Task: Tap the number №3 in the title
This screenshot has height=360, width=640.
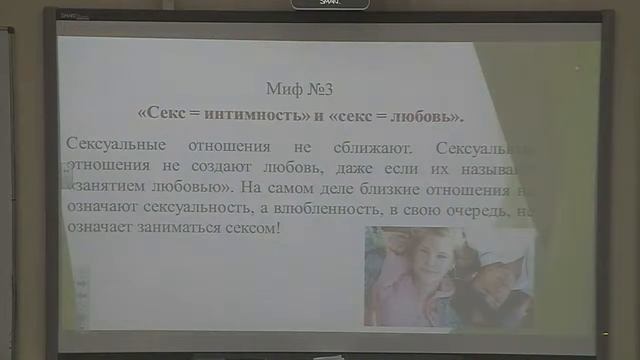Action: [320, 88]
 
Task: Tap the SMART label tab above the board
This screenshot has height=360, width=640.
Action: [330, 4]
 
